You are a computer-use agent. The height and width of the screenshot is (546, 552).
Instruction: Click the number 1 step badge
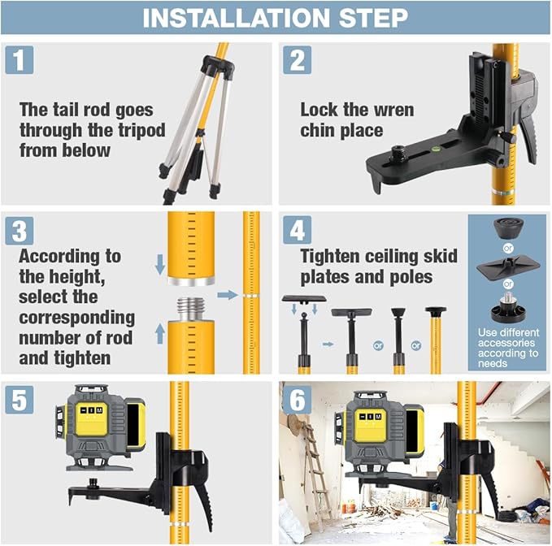click(21, 61)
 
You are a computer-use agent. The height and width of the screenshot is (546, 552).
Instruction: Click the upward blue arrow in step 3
click(159, 332)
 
